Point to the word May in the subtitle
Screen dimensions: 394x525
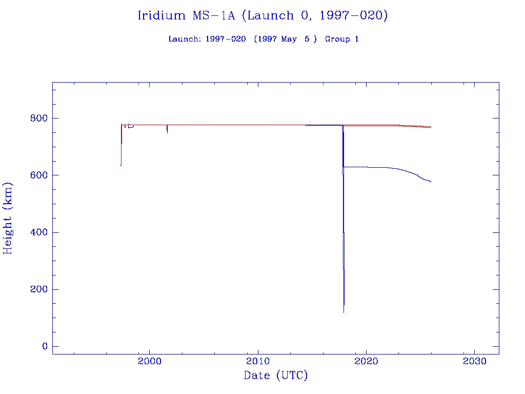tap(289, 39)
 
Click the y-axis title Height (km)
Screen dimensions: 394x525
tap(8, 218)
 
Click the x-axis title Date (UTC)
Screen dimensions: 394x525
tap(275, 376)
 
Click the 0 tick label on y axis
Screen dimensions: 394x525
tap(45, 347)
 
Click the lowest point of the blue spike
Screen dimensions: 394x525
tap(344, 312)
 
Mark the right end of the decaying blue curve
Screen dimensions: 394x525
tap(431, 182)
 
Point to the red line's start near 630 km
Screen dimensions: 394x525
tap(120, 165)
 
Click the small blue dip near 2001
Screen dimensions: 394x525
tap(167, 132)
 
